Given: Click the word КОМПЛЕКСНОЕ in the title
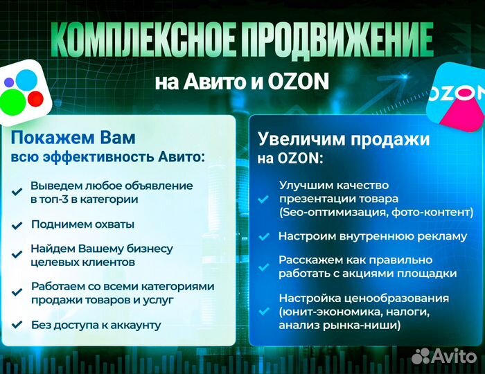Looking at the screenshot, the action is [x=141, y=40].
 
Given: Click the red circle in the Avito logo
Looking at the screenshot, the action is [x=35, y=99].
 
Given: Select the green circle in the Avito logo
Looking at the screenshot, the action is [x=12, y=103].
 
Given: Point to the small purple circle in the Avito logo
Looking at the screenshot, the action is [x=9, y=82].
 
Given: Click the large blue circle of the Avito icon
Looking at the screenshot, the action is [x=26, y=80].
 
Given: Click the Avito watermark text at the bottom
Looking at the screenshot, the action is [x=444, y=356].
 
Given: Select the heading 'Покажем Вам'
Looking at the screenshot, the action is [x=73, y=138].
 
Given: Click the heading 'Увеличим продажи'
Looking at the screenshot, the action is [x=344, y=139].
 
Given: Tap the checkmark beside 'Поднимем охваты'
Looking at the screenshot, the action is [x=17, y=225].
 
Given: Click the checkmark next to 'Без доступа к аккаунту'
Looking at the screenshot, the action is [x=17, y=325].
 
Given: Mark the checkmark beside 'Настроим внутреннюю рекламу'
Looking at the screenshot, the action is [x=264, y=237].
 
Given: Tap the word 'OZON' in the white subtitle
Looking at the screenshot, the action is [x=299, y=81].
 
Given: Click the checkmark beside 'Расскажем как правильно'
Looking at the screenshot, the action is [x=264, y=267].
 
